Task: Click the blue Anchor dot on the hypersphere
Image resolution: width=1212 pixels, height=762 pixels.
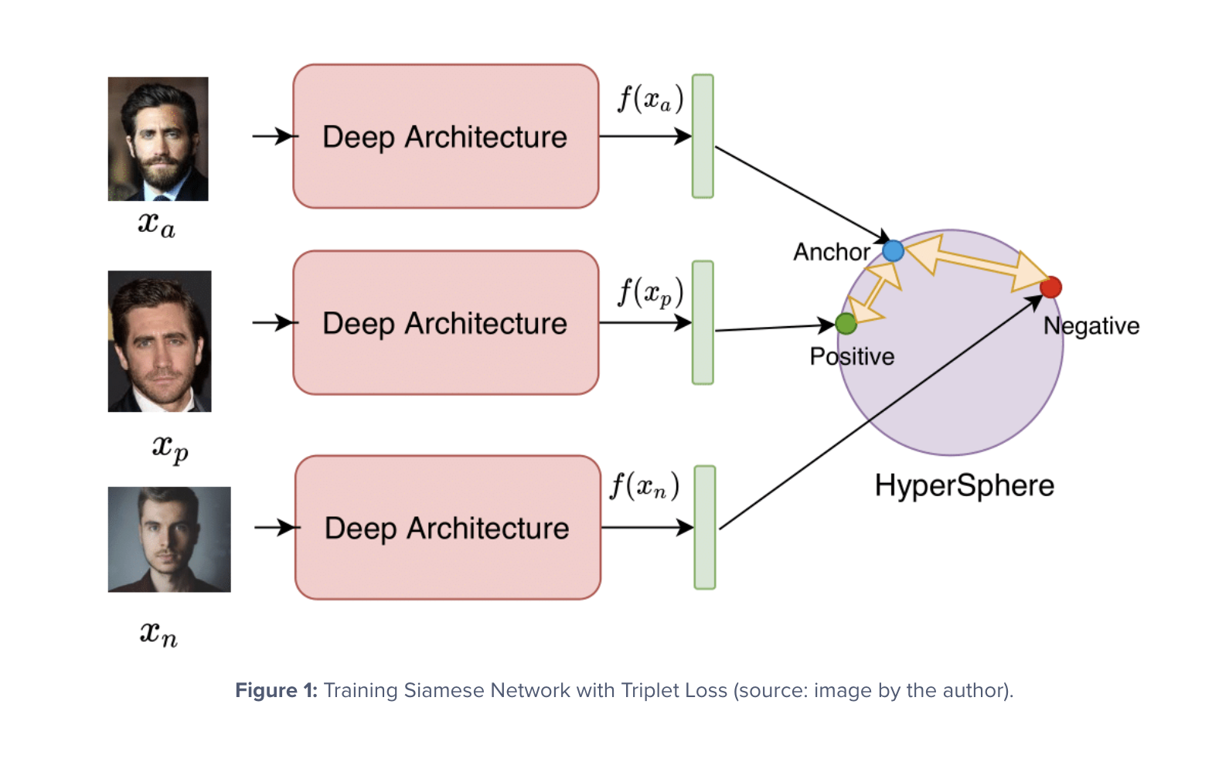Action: (x=893, y=250)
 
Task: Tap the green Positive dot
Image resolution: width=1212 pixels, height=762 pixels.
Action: (x=846, y=324)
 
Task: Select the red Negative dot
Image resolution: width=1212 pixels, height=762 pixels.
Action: (x=1050, y=287)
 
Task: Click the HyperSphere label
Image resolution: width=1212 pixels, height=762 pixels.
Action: (x=964, y=485)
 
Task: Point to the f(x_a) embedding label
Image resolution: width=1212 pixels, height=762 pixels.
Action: (x=650, y=99)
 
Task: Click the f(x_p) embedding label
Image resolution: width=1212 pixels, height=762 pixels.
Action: (x=650, y=293)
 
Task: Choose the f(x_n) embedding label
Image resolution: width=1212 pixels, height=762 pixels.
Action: (x=645, y=486)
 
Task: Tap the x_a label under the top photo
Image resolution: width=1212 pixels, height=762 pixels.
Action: (x=157, y=224)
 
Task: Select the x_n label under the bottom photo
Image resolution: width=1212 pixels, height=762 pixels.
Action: (x=158, y=634)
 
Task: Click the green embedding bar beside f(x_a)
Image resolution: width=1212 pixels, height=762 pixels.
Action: (x=703, y=136)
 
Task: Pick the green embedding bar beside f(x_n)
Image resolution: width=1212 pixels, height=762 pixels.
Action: (x=705, y=527)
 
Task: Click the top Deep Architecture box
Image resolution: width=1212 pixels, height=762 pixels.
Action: (x=445, y=136)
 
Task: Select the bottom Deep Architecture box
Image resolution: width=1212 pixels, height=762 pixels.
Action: (x=448, y=527)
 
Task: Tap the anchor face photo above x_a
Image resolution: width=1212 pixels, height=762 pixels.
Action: (x=158, y=139)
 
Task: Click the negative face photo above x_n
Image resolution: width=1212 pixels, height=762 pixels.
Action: (x=169, y=539)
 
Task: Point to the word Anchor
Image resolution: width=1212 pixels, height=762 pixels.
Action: (x=832, y=252)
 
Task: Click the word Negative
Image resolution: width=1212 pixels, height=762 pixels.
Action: (x=1091, y=325)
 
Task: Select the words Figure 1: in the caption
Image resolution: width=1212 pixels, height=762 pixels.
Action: (x=276, y=690)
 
